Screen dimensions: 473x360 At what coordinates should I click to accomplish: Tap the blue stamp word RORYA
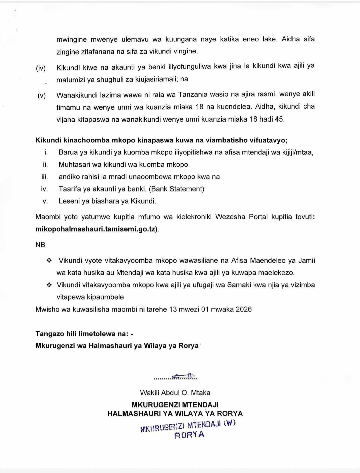[x=189, y=435]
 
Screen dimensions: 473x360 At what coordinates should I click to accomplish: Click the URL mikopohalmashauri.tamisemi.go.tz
[x=96, y=229]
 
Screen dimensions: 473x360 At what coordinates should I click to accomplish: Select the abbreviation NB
[x=40, y=245]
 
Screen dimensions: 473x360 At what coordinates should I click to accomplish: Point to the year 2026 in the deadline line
[x=243, y=309]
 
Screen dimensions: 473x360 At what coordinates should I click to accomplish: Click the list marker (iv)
[x=41, y=68]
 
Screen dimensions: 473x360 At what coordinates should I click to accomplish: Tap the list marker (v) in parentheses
[x=41, y=96]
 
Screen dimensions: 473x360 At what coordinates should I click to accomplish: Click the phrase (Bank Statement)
[x=176, y=189]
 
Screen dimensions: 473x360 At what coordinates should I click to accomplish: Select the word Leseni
[x=69, y=201]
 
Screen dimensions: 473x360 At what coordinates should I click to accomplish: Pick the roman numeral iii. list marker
[x=45, y=177]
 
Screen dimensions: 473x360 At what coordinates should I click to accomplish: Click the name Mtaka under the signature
[x=200, y=393]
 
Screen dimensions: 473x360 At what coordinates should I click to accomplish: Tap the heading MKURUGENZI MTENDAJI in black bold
[x=175, y=405]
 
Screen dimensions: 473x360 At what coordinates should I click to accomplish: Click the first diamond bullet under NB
[x=49, y=261]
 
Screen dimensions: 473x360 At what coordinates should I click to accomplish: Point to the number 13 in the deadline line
[x=173, y=309]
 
